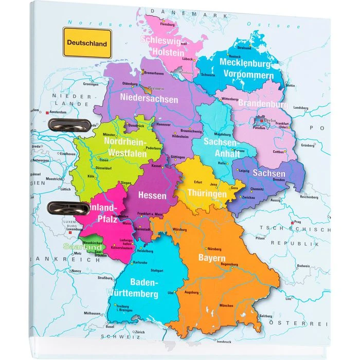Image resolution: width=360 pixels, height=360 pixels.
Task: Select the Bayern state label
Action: tap(212, 258)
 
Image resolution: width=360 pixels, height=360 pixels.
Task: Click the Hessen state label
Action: tap(153, 195)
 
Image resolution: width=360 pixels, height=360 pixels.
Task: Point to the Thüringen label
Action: tap(207, 194)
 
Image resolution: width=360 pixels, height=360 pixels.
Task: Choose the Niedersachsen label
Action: tap(149, 98)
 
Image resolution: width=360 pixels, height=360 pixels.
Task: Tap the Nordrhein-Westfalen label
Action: tap(125, 147)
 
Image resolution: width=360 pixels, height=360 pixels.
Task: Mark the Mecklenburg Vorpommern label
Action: tap(246, 68)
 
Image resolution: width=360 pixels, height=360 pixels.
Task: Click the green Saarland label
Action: tap(82, 247)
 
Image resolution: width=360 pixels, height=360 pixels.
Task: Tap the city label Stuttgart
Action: tap(157, 270)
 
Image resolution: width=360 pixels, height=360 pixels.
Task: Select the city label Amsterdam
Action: tap(59, 112)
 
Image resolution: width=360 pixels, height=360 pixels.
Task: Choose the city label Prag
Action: tap(297, 223)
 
